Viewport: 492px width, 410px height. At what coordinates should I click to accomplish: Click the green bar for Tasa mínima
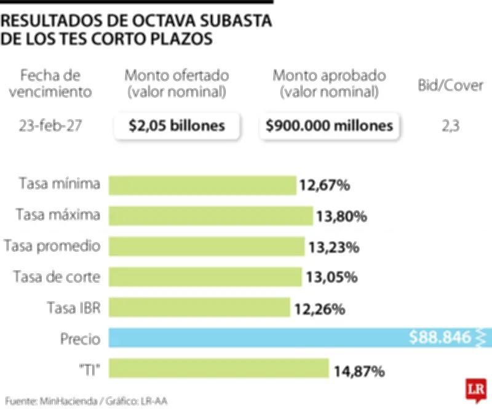click(202, 185)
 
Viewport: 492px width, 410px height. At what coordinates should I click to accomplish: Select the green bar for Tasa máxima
click(211, 215)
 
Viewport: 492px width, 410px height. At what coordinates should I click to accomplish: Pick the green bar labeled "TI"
click(218, 369)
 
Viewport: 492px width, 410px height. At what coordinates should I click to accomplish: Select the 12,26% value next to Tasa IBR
click(319, 308)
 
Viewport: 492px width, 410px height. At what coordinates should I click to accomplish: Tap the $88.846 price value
click(440, 337)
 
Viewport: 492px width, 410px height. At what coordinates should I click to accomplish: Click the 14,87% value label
click(359, 371)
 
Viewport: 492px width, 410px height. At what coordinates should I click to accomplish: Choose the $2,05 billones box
click(177, 126)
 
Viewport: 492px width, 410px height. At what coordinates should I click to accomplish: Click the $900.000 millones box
click(329, 126)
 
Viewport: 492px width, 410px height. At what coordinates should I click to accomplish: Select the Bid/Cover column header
click(450, 86)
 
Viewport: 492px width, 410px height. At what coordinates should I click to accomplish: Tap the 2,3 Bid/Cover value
click(450, 126)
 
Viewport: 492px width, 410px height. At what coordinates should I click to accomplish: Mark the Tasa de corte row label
click(57, 277)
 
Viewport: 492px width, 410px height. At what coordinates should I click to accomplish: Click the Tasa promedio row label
click(52, 246)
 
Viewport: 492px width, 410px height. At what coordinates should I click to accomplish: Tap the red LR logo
click(474, 390)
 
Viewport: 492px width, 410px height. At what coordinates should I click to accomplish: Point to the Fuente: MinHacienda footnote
click(87, 400)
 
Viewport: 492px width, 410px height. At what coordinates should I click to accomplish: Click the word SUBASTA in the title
click(234, 20)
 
